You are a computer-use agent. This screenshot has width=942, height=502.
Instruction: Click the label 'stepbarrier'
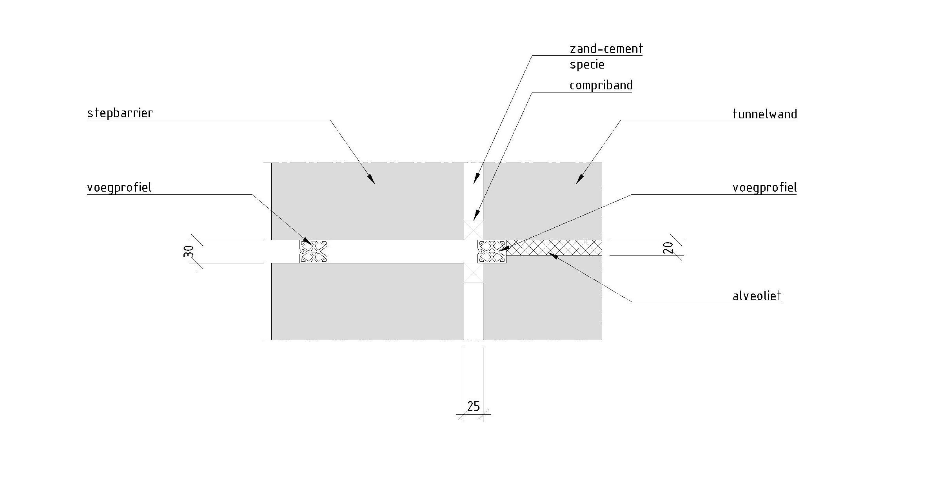point(120,113)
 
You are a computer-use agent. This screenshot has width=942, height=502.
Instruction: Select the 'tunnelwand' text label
point(764,114)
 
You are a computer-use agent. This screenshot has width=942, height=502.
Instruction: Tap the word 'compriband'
point(601,85)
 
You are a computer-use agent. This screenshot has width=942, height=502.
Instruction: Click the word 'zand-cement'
point(606,49)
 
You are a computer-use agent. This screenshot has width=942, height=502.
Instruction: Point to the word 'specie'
point(587,65)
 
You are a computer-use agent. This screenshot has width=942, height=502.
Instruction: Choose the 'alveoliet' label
point(757,296)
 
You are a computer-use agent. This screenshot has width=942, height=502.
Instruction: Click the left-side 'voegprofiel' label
point(119,188)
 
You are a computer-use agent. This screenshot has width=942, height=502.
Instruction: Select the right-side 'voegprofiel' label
point(764,188)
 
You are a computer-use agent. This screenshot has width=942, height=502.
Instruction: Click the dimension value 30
point(189,251)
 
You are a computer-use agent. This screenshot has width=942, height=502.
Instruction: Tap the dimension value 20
point(669,248)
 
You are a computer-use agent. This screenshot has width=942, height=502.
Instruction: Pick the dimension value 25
point(474,406)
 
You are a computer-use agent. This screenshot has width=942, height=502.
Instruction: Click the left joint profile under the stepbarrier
point(314,251)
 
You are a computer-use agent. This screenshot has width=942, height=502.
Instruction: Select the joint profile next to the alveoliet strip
point(492,251)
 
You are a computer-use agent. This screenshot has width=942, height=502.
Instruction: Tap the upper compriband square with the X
point(474,230)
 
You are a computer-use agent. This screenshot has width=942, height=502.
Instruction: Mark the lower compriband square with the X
point(474,272)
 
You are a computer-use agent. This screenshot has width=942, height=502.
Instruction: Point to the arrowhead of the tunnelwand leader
point(579,181)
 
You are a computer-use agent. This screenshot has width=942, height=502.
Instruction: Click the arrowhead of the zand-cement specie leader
point(476,180)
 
